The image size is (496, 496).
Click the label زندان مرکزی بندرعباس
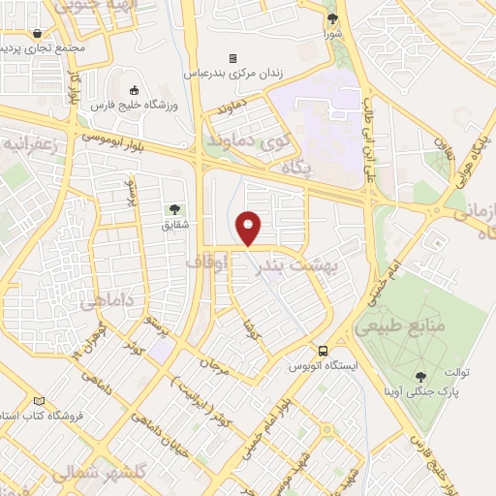click(232, 74)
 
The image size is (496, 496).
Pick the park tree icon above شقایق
click(174, 209)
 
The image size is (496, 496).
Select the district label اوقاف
click(206, 262)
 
